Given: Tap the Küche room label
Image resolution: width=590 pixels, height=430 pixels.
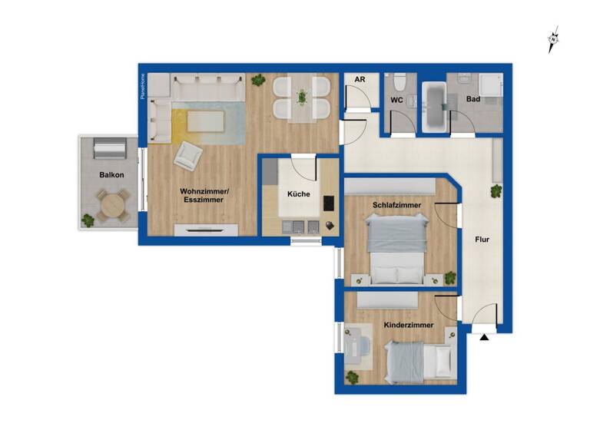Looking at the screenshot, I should (x=299, y=194).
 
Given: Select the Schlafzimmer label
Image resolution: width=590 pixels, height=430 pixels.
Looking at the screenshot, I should (x=396, y=205).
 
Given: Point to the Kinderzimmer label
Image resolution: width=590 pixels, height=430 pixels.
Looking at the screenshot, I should (x=408, y=325).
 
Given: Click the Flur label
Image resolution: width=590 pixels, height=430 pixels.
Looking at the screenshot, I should (x=482, y=240).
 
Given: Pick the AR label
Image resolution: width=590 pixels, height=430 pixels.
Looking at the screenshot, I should (x=359, y=79).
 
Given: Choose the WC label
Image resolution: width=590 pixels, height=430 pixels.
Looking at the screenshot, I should (x=397, y=100).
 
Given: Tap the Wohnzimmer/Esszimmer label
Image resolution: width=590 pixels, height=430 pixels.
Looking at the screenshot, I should (x=202, y=195).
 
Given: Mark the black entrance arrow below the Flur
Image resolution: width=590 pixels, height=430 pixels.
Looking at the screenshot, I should (x=485, y=336).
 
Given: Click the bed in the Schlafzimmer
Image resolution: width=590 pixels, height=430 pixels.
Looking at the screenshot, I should (x=396, y=249).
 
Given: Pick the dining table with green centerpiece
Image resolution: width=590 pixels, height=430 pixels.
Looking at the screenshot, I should (x=302, y=98).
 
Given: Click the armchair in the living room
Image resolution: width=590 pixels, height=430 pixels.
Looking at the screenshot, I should (x=188, y=157).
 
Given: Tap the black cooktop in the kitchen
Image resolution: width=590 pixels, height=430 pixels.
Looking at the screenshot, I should (x=329, y=203).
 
